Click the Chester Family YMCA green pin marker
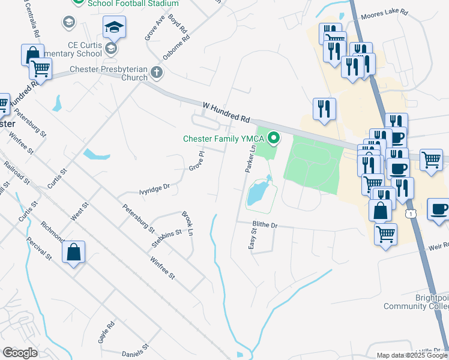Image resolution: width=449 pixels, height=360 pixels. pos(274,139)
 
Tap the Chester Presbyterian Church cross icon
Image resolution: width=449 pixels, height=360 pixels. pos(157,73)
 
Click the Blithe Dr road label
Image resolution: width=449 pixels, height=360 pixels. pos(265,225)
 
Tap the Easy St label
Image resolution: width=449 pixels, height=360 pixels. pos(253,239)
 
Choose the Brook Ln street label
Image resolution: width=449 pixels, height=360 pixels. pos(188,223)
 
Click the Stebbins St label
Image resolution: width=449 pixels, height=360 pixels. pos(166,233)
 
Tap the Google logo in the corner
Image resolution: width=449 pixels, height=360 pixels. pos(20,352)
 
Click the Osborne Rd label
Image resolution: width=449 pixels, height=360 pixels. pos(181,44)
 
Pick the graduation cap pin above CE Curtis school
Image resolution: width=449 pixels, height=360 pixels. pos(113,27)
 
